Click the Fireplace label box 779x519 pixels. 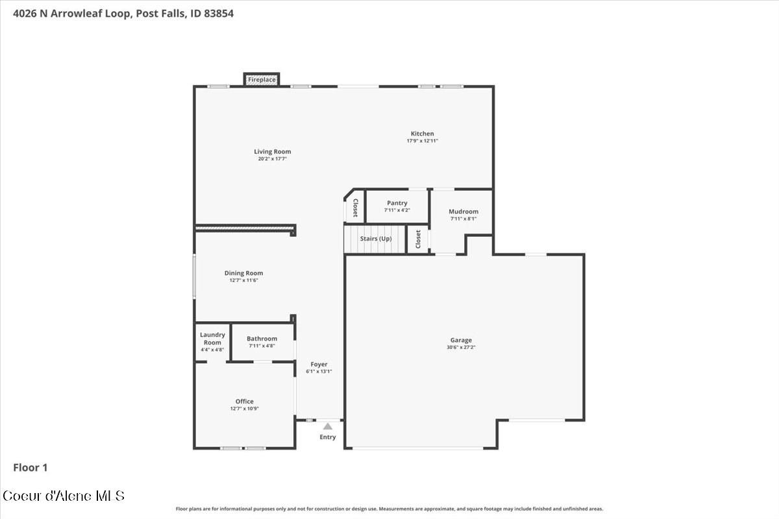pos(262,80)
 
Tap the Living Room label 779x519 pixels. pos(272,152)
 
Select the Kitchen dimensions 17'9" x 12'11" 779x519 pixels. pos(422,141)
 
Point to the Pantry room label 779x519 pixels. pos(397,203)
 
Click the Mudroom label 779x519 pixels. pos(464,211)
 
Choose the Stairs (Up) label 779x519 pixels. pos(376,239)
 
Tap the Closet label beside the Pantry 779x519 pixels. pos(356,208)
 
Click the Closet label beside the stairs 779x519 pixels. pos(418,239)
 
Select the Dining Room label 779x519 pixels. pos(243,273)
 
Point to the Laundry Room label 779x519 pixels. pos(212,338)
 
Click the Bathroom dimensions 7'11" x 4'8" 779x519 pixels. pos(262,346)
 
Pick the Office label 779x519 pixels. pos(244,401)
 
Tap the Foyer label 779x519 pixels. pos(319,365)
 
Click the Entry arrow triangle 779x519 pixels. pos(328,426)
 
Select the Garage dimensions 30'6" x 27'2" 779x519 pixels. pos(461,347)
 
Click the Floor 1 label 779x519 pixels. pos(31,468)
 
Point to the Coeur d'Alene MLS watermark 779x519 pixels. pos(64,496)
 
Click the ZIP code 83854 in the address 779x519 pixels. pos(219,14)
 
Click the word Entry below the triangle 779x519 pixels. pos(328,437)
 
